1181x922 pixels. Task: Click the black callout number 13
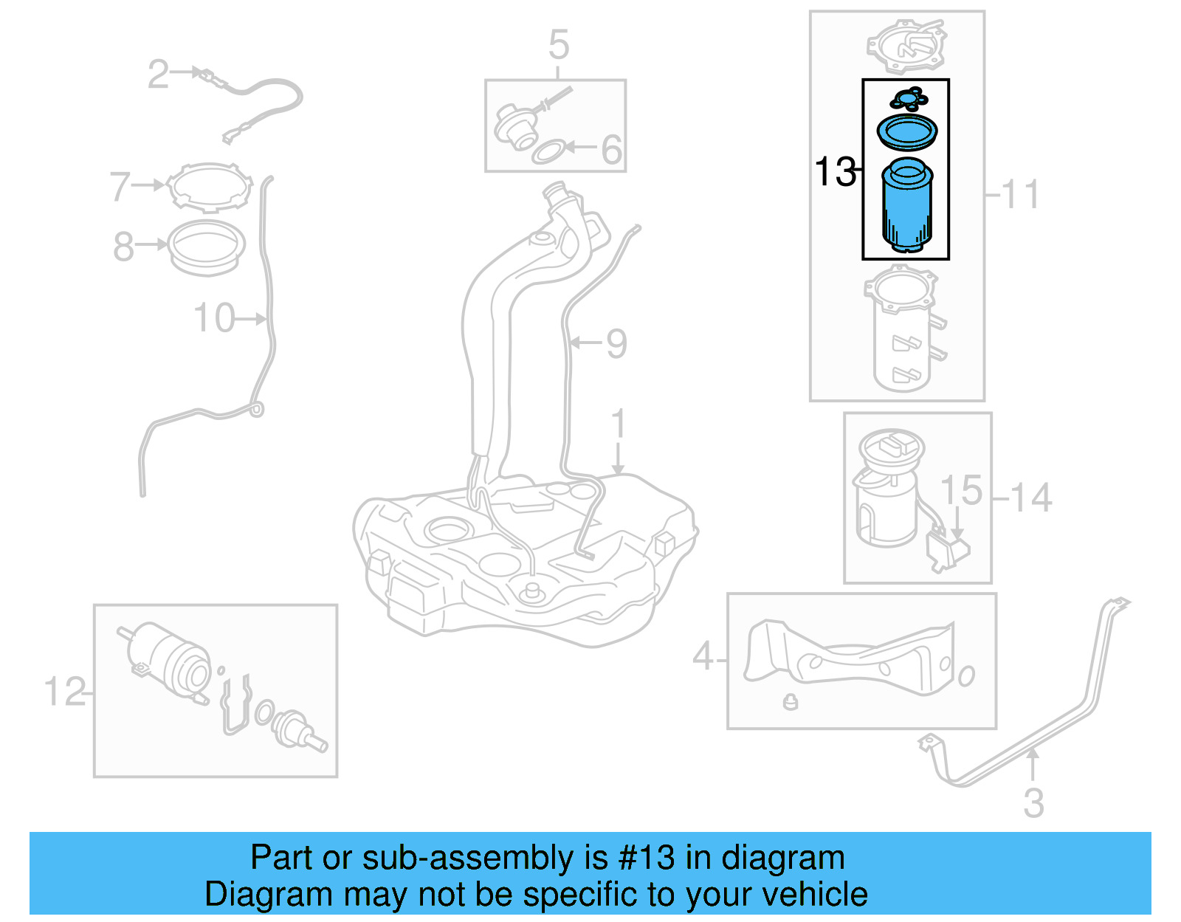click(835, 172)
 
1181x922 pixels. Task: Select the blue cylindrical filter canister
click(907, 207)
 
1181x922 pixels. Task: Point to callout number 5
click(559, 45)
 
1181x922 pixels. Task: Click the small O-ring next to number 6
click(548, 154)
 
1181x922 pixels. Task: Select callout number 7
click(120, 186)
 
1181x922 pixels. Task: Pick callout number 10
click(213, 318)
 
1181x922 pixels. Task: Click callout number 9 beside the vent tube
click(616, 343)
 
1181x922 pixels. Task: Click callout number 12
click(64, 692)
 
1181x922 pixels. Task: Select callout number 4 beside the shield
click(703, 656)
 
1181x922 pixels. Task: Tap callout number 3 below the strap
click(1033, 802)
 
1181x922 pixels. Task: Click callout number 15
click(961, 491)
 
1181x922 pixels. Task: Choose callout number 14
click(1030, 498)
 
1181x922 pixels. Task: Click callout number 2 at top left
click(158, 75)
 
